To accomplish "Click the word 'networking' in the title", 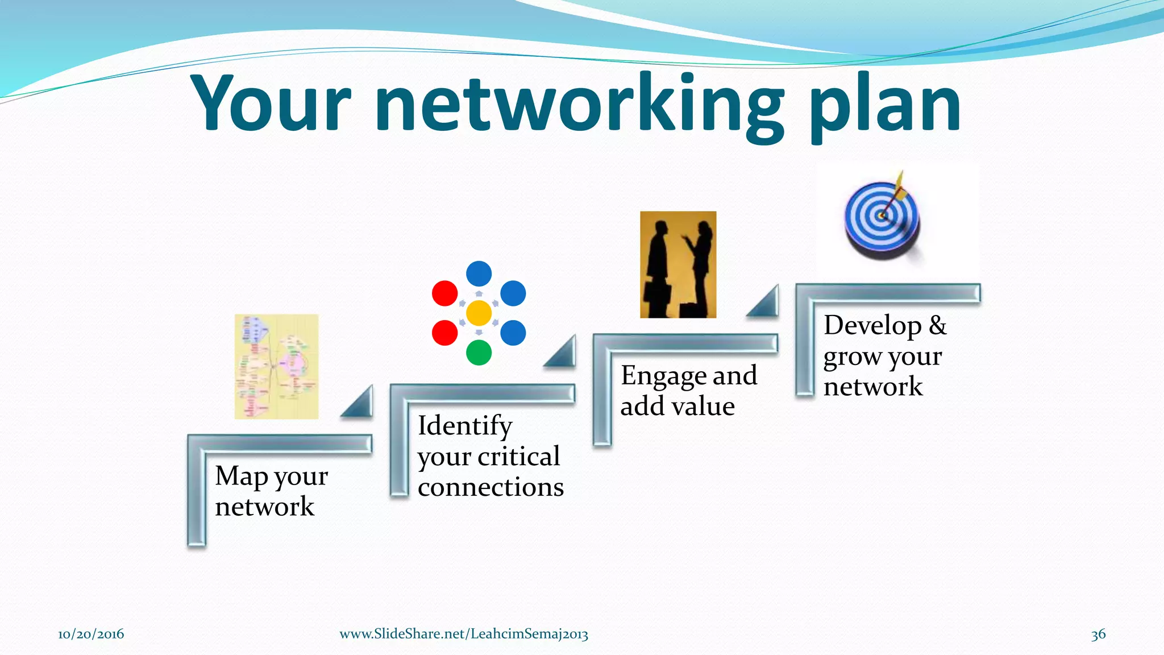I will tap(580, 105).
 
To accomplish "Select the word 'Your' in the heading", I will tap(272, 105).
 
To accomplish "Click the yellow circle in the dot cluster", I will tap(479, 313).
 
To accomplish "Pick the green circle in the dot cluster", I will tap(479, 353).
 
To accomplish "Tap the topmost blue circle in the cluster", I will tap(479, 273).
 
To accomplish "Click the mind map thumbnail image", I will tap(277, 367).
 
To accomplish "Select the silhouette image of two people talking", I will tap(678, 264).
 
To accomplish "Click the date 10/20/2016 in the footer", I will tap(91, 634).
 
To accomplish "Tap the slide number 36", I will tap(1098, 634).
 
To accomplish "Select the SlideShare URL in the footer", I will tap(464, 634).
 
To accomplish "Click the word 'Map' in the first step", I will tap(241, 476).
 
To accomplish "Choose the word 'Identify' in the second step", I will tap(465, 426).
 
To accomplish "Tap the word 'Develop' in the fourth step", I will tap(872, 326).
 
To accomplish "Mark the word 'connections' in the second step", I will tap(490, 487).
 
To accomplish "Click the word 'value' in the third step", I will tap(704, 407).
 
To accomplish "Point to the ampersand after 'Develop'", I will tap(938, 326).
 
